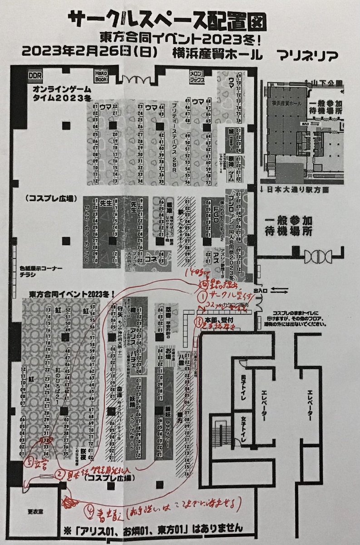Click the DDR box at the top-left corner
35,74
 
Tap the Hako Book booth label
101,74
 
